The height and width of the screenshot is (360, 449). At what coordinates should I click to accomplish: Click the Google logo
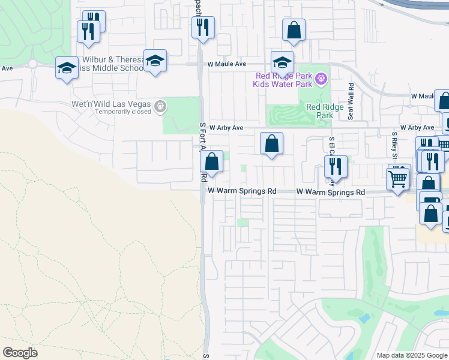[x=20, y=353]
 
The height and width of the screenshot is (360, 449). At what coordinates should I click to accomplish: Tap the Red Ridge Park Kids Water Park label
[x=284, y=80]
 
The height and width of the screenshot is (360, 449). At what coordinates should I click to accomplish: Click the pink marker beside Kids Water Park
[x=322, y=78]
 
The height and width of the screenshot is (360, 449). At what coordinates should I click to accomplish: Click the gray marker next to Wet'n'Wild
[x=160, y=107]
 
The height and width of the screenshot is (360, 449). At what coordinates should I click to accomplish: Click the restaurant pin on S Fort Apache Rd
[x=203, y=27]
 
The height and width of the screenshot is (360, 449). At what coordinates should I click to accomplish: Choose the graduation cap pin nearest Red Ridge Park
[x=282, y=62]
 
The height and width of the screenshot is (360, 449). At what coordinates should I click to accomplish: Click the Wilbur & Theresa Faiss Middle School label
[x=113, y=64]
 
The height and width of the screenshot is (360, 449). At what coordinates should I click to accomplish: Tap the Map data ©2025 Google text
[x=412, y=355]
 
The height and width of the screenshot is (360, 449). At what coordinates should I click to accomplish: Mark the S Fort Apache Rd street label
[x=203, y=152]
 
